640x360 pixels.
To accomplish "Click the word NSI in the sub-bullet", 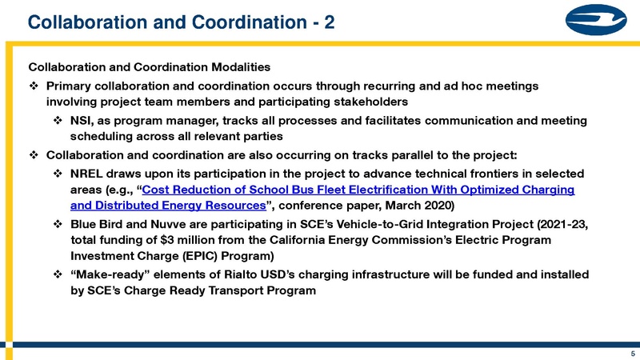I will tap(82, 121).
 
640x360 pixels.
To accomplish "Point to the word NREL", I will tap(90, 174).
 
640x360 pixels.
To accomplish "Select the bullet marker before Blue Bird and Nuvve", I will tap(58, 225).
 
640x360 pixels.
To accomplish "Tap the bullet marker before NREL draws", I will tap(58, 174).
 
